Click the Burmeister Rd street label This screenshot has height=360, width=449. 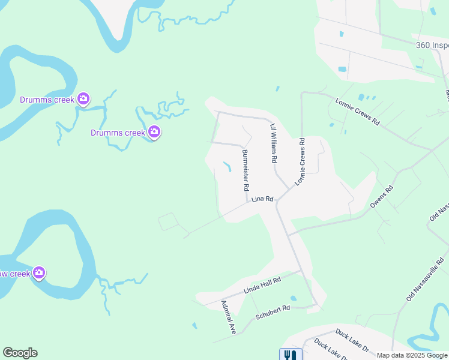point(245,170)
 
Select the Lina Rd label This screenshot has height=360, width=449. point(262,199)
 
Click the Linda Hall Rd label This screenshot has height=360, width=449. point(262,286)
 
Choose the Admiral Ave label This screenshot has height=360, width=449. point(229,317)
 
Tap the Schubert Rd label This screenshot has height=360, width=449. point(273,312)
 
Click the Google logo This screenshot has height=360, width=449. point(20,353)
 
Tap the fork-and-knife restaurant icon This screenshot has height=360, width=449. point(289,355)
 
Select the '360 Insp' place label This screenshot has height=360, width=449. point(432,46)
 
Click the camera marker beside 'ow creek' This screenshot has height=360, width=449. point(39,274)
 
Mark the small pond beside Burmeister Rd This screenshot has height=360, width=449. point(228,167)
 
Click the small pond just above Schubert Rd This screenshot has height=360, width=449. point(293,298)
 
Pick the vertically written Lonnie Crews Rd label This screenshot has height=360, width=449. point(300,161)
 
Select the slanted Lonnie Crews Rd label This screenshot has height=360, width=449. point(358,112)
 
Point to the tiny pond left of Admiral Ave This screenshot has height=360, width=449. point(194,326)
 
